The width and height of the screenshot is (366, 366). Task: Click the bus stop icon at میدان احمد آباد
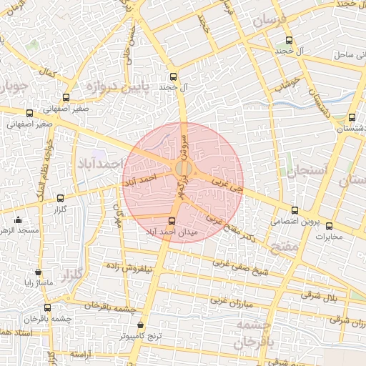172,222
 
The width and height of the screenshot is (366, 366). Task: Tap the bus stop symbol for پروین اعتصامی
295,211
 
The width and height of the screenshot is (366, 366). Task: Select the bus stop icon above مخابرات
329,226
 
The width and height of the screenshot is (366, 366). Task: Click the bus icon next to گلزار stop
60,199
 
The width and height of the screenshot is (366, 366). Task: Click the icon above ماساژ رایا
38,272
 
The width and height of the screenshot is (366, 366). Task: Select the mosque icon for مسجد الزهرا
17,220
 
